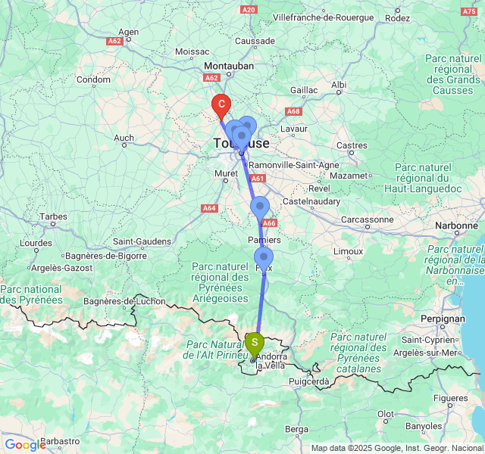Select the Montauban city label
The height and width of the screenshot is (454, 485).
[228, 66]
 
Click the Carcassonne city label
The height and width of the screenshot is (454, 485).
[368, 220]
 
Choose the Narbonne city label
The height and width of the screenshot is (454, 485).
[456, 225]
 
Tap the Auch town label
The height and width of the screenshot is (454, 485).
[123, 138]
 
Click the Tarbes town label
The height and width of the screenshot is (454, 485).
[53, 216]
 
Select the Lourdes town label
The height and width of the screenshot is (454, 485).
[35, 244]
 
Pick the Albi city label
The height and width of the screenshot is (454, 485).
[338, 85]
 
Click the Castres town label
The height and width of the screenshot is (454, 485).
[352, 145]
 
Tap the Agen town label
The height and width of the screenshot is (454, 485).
[128, 33]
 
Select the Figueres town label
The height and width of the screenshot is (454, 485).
[452, 398]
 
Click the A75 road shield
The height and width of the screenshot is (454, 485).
[469, 12]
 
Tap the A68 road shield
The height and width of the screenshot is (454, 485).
[293, 111]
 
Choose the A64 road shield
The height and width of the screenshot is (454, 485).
[209, 208]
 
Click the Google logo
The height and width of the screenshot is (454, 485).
[25, 445]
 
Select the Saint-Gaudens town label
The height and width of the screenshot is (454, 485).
[142, 241]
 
